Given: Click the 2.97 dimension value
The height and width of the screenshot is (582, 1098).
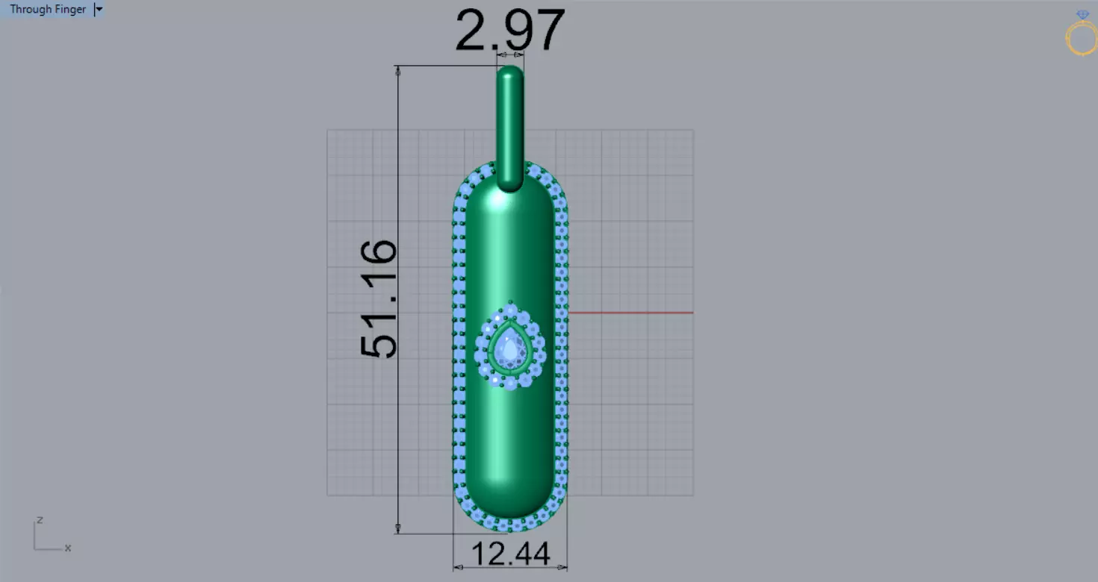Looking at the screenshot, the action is pyautogui.click(x=510, y=30).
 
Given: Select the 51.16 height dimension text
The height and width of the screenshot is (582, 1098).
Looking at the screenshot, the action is pyautogui.click(x=379, y=299).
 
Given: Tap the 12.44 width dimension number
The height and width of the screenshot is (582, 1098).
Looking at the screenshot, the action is pyautogui.click(x=510, y=554).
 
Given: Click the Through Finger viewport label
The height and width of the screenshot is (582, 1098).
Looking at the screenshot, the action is pyautogui.click(x=48, y=9).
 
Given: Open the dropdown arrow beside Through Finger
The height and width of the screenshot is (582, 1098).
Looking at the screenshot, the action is pyautogui.click(x=99, y=9).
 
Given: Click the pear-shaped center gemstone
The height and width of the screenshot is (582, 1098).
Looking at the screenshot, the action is pyautogui.click(x=510, y=348).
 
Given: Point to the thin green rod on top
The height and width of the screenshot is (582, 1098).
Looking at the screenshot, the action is pyautogui.click(x=510, y=128).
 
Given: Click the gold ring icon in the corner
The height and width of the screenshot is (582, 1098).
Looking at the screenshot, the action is pyautogui.click(x=1082, y=39).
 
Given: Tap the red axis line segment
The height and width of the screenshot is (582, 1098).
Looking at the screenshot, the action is pyautogui.click(x=630, y=313).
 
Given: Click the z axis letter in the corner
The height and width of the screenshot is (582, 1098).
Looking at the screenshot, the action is pyautogui.click(x=40, y=520).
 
